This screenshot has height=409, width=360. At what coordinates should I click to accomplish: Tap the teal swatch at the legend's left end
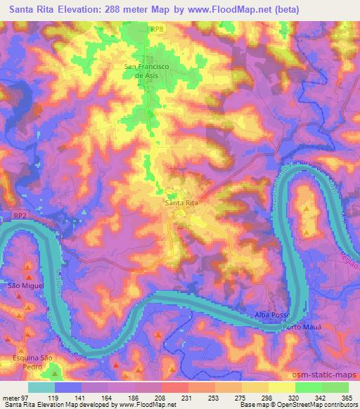tap(41, 387)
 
